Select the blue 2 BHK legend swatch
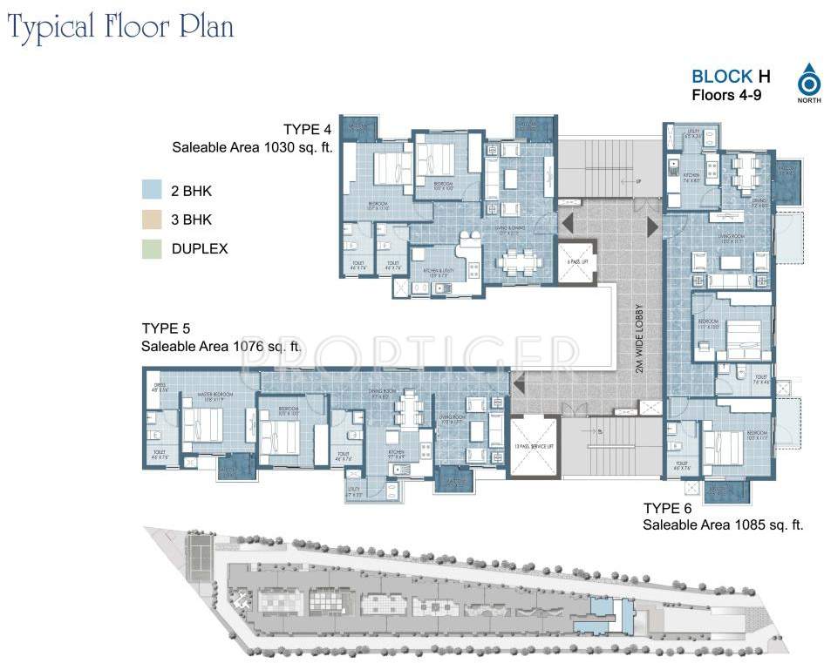pyautogui.click(x=153, y=190)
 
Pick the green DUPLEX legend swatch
pyautogui.click(x=153, y=249)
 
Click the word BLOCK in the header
pyautogui.click(x=722, y=77)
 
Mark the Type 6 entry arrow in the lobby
pyautogui.click(x=653, y=227)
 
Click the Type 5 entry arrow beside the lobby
pyautogui.click(x=518, y=381)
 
